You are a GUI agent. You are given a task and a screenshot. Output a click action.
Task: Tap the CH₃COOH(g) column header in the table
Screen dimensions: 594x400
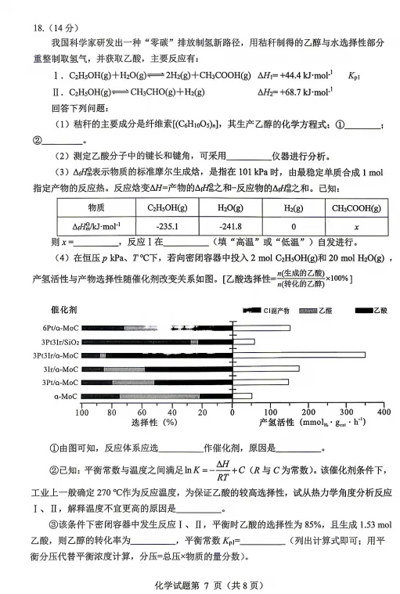pos(356,208)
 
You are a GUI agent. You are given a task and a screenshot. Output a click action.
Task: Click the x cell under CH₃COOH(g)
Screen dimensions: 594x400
pos(356,227)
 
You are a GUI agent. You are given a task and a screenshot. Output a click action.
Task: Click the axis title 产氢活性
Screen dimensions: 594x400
pos(276,423)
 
